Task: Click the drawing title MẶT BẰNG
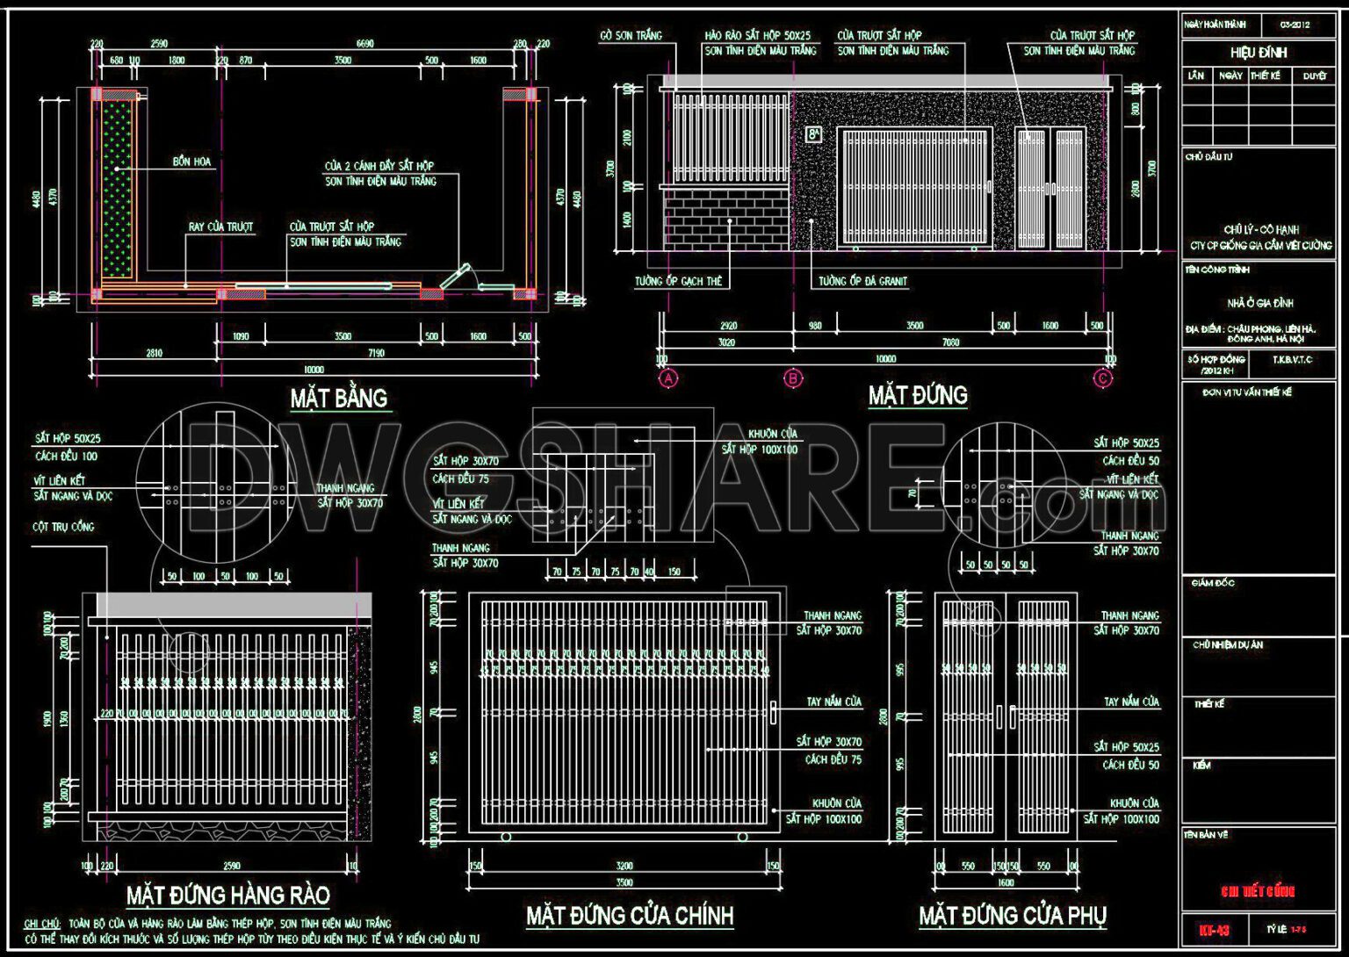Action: [x=339, y=399]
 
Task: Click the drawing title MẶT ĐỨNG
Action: [x=918, y=396]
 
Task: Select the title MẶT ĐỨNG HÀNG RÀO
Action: [x=228, y=896]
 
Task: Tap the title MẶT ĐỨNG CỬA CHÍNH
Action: [x=630, y=916]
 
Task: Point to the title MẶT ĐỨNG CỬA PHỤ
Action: [x=1013, y=916]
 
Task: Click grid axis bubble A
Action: [x=669, y=379]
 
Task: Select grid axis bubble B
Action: [x=793, y=379]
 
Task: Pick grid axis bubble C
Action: [x=1103, y=379]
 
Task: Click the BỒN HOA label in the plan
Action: [x=192, y=162]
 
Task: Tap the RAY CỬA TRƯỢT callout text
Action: [x=220, y=227]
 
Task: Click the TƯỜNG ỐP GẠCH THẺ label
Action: [x=678, y=282]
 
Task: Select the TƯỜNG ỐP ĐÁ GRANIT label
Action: [x=862, y=282]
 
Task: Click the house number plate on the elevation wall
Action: [x=813, y=134]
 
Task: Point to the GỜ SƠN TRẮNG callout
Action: [x=631, y=36]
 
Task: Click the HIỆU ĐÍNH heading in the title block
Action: [x=1258, y=53]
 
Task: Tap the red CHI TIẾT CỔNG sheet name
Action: [x=1258, y=892]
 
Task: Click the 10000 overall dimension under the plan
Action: [x=314, y=370]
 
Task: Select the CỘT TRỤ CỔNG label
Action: [x=63, y=527]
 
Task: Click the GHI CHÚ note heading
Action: [x=42, y=924]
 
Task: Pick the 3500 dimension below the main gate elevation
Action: [x=624, y=882]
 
